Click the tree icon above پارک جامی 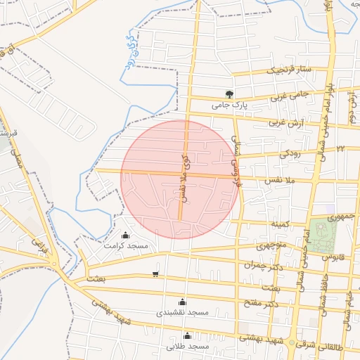point(229,94)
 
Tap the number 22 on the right point(340,148)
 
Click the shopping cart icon point(155,274)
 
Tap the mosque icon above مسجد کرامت point(126,236)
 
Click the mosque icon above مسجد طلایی point(186,336)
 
